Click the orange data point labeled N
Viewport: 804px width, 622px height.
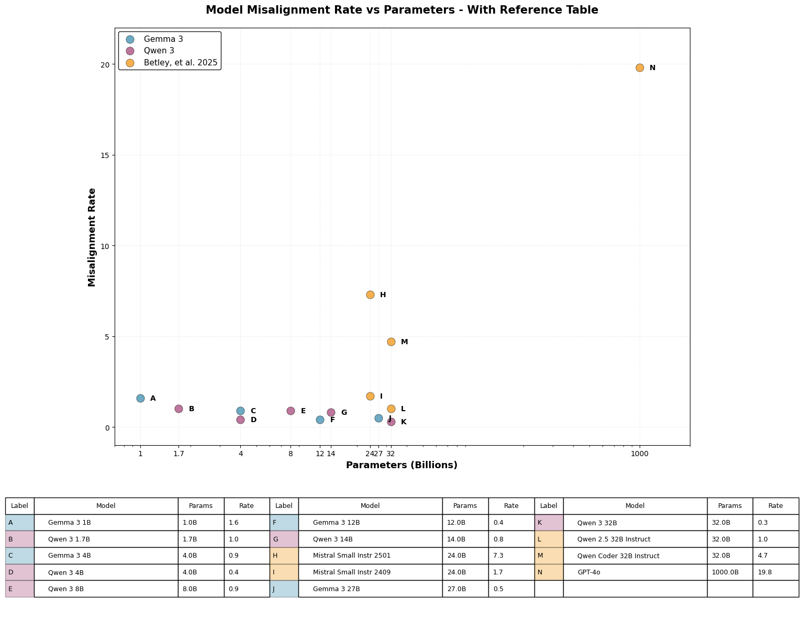(x=640, y=67)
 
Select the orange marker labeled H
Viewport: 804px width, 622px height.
(x=370, y=295)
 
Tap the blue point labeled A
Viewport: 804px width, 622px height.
(x=140, y=398)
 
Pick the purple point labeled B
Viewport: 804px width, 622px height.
(x=178, y=409)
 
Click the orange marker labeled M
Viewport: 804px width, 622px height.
(x=391, y=342)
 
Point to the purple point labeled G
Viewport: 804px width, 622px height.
(x=331, y=412)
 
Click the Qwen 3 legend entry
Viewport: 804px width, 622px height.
(x=159, y=51)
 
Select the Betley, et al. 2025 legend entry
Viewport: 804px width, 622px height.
(x=180, y=63)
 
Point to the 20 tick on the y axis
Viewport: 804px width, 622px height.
(x=105, y=64)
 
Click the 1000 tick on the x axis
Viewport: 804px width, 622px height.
(x=640, y=454)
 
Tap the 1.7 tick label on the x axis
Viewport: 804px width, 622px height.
(x=178, y=454)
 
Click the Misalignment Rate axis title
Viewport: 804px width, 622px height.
(x=92, y=237)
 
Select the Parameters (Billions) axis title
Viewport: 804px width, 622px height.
(x=401, y=465)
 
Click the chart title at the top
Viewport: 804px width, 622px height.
(x=401, y=10)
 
